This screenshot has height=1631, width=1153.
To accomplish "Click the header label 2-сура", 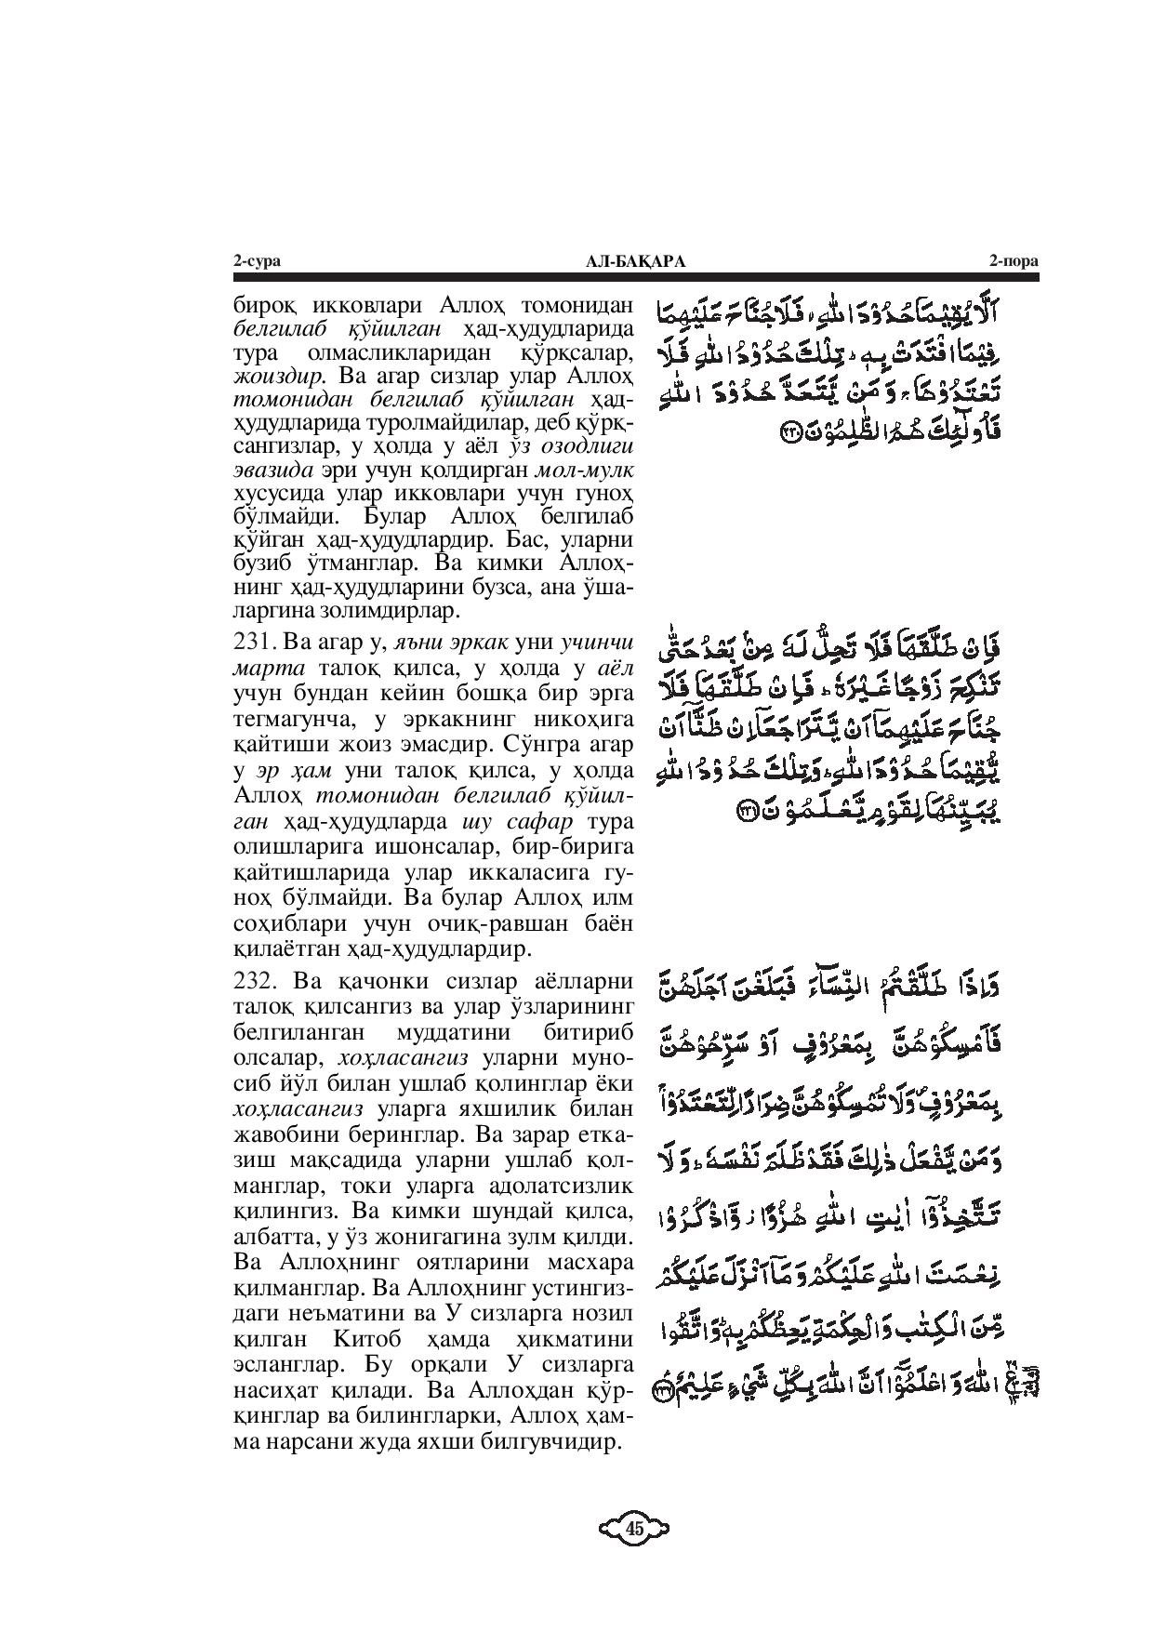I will (257, 262).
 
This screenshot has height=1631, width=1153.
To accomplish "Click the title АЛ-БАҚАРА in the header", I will (636, 262).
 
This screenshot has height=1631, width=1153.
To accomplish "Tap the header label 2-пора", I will (1014, 262).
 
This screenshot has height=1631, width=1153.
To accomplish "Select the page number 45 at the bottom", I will (635, 1527).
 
